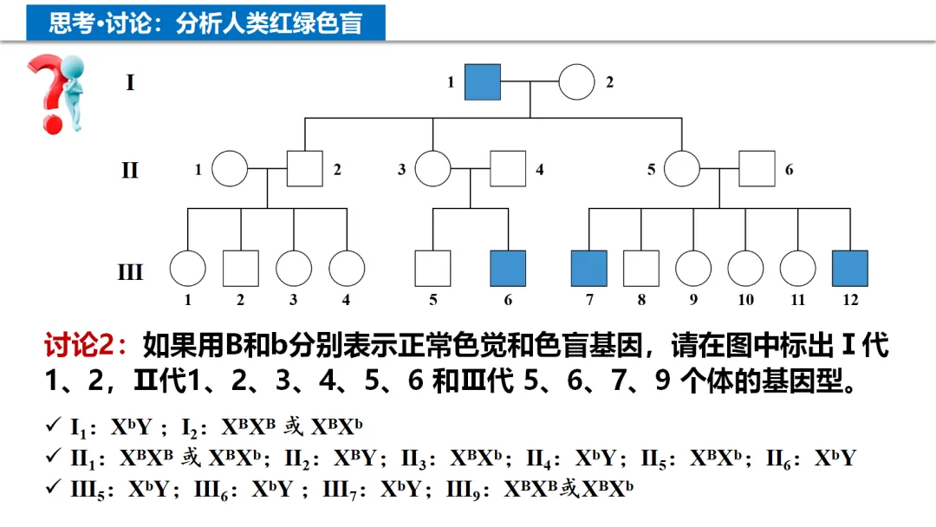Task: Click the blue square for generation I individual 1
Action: tap(483, 82)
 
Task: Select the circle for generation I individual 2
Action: tap(576, 82)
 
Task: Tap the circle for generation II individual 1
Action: tap(231, 169)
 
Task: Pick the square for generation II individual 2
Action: tap(304, 169)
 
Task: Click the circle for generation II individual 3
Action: tap(432, 169)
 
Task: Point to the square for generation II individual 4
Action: tap(508, 169)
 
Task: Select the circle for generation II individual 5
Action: tap(682, 169)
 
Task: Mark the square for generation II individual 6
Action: tap(757, 169)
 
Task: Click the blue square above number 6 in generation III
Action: tap(508, 268)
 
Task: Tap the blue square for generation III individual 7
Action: tap(588, 268)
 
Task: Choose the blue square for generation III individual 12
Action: tap(850, 268)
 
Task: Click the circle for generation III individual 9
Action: tap(693, 268)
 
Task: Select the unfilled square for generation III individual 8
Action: tap(641, 268)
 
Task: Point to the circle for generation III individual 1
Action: tap(187, 268)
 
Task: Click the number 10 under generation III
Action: tap(745, 300)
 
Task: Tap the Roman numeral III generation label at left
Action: tap(130, 272)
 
